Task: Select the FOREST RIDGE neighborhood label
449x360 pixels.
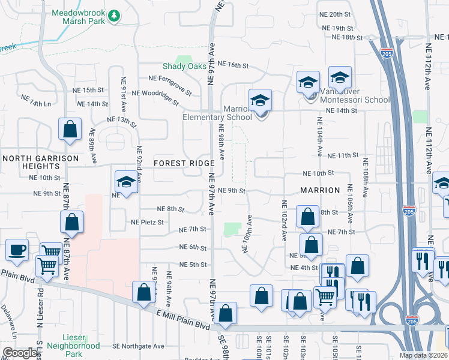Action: pyautogui.click(x=184, y=164)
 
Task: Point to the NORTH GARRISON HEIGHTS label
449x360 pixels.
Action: pyautogui.click(x=40, y=163)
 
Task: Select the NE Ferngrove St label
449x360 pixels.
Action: pyautogui.click(x=170, y=85)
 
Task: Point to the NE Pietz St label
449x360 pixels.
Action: pyautogui.click(x=148, y=222)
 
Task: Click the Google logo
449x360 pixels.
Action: pyautogui.click(x=20, y=353)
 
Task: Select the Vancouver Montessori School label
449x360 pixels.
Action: pyautogui.click(x=355, y=95)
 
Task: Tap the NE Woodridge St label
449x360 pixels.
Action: pyautogui.click(x=155, y=97)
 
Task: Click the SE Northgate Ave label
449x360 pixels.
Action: pyautogui.click(x=138, y=346)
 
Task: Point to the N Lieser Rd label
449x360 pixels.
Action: pyautogui.click(x=40, y=305)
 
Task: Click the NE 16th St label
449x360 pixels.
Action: pyautogui.click(x=233, y=64)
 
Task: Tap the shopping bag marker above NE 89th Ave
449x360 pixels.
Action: pyautogui.click(x=70, y=128)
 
